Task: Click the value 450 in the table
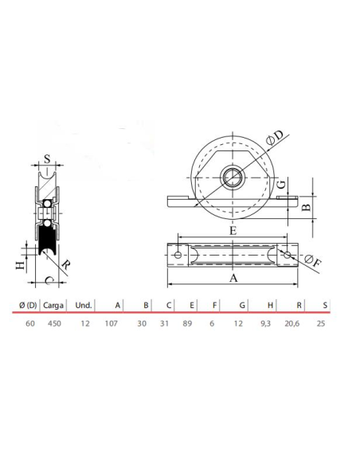coord(53,324)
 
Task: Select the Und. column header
coord(84,305)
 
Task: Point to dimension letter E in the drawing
coord(232,230)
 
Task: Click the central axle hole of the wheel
coord(231,177)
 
